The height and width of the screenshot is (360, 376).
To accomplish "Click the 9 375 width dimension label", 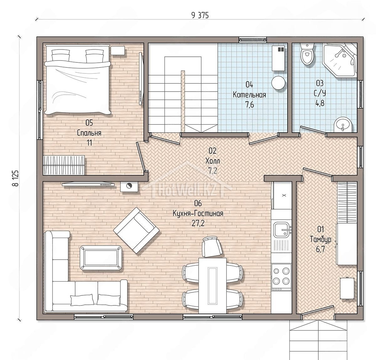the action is pos(200,15).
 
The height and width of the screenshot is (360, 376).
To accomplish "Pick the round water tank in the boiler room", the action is pos(278,82).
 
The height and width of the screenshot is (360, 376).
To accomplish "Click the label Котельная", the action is pos(249,95).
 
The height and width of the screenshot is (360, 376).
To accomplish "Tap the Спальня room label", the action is pos(89,133).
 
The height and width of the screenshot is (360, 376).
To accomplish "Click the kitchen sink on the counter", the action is pos(282,230).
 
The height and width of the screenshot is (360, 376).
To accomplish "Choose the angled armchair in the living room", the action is pos(136,230).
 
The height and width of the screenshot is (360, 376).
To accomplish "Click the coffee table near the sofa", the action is pos(101,258).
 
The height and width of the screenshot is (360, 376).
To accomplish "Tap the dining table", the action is pos(212,285).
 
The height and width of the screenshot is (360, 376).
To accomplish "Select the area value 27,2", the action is pos(198,224).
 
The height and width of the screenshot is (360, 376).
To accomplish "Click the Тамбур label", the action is pos(320,240).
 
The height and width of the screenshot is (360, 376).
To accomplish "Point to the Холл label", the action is pos(212,161).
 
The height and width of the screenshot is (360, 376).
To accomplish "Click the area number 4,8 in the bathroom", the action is pos(320,103).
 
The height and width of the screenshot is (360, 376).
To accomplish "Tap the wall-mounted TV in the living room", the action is pos(88,184).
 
